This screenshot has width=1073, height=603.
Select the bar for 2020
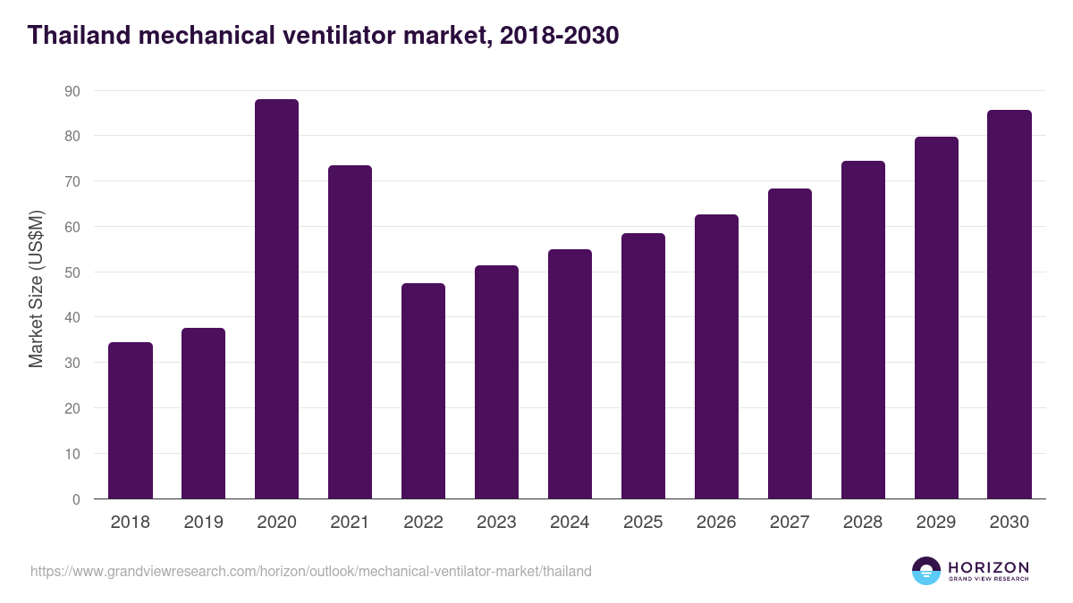[276, 299]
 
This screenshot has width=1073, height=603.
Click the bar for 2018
[131, 421]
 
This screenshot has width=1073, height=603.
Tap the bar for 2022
[423, 391]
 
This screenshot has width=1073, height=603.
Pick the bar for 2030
[1010, 305]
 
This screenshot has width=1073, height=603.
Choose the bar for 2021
[350, 332]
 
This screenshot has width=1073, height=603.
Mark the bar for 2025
[643, 366]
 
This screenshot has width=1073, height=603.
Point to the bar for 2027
[790, 344]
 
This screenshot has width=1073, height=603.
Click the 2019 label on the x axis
[203, 523]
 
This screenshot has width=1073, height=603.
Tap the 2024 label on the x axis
[570, 523]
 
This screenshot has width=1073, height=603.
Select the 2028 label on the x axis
[863, 523]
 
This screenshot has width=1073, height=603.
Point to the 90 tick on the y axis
[72, 91]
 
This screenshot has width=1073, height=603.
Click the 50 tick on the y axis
[72, 272]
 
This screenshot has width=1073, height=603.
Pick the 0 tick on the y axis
[76, 499]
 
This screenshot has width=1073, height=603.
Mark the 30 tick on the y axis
[72, 364]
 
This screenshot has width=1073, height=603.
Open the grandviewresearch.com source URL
[311, 571]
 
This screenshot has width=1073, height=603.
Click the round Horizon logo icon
[926, 571]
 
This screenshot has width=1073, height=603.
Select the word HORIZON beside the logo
[988, 566]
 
